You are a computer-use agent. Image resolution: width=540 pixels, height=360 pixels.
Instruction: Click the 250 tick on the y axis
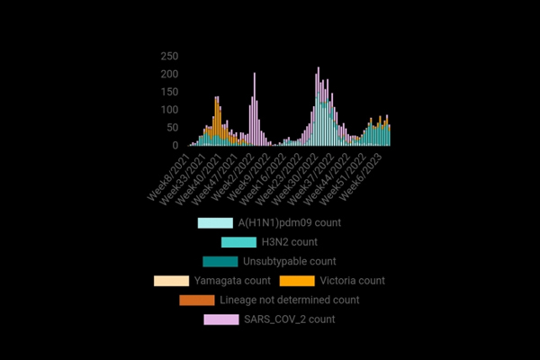pos(169,56)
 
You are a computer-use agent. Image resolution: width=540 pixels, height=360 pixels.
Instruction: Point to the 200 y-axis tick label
pos(169,74)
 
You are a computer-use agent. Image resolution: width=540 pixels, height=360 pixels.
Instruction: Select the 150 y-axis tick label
pos(169,92)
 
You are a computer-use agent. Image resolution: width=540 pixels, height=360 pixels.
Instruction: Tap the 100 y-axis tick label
pos(169,110)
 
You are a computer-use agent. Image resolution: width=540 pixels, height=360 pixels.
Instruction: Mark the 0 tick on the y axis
pos(175,146)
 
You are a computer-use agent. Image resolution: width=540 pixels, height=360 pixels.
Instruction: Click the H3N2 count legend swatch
pos(238,242)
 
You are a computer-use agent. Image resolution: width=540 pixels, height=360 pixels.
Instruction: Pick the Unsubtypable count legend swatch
pos(220,261)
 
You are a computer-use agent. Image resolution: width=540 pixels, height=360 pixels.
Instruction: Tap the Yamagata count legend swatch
pos(171,281)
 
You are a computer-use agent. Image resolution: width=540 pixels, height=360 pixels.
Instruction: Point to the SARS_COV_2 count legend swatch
pos(220,319)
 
